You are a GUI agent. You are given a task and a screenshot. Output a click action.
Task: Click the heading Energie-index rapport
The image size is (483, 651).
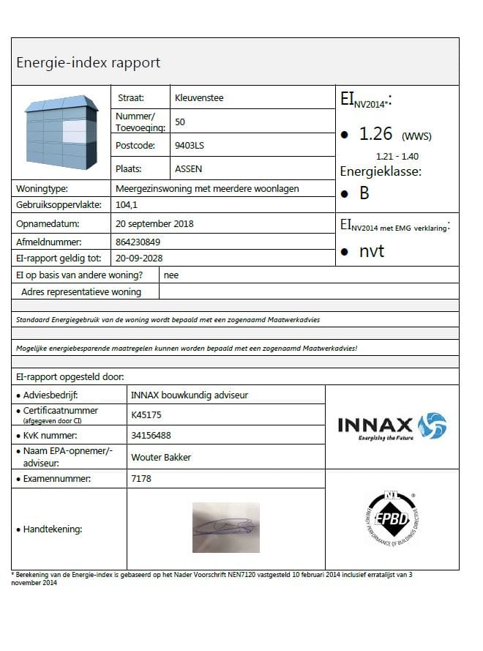(x=89, y=62)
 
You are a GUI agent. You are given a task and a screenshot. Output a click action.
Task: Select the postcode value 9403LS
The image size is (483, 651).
(x=190, y=145)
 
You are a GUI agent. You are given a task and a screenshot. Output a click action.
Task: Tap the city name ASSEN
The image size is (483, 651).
(x=189, y=168)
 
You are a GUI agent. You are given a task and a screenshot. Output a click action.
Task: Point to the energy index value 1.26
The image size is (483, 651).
(x=376, y=134)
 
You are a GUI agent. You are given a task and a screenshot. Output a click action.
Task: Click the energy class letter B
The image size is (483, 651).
(x=364, y=194)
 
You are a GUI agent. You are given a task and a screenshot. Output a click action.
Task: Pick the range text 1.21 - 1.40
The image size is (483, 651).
(x=397, y=156)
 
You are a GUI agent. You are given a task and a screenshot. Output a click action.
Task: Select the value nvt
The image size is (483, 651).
(x=371, y=252)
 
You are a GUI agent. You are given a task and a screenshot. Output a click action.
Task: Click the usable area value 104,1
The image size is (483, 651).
(x=127, y=205)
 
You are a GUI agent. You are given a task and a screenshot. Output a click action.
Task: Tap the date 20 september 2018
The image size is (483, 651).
(x=155, y=223)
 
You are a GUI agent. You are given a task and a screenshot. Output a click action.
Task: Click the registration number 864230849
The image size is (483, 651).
(x=138, y=241)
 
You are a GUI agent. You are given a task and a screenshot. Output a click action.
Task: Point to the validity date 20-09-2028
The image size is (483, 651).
(x=139, y=258)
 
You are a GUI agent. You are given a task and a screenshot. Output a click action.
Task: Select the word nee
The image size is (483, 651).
(x=171, y=275)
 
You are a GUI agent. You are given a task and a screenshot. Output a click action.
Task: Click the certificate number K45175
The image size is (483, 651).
(x=146, y=414)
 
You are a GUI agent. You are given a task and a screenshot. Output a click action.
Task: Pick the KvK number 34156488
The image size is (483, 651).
(x=151, y=435)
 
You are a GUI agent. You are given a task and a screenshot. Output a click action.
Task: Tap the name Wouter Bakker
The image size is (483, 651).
(x=161, y=457)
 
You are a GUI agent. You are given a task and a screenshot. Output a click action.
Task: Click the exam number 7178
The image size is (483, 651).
(x=140, y=479)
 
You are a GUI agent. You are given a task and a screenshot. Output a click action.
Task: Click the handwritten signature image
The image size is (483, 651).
(x=225, y=527)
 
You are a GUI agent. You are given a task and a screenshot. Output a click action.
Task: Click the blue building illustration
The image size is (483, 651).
(x=61, y=133)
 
